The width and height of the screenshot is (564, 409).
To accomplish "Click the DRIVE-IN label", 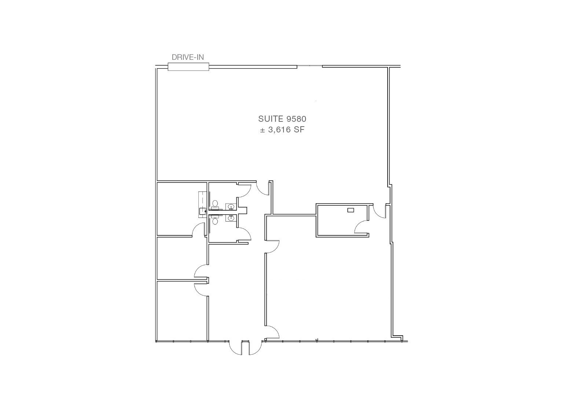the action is coord(188,57).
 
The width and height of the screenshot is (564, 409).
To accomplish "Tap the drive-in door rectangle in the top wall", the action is coord(188,67).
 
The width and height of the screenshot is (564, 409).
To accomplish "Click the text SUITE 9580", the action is coord(282,118).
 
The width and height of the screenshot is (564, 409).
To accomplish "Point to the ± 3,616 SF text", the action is coord(282,130).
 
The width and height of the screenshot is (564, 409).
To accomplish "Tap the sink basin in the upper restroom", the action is coord(231,207).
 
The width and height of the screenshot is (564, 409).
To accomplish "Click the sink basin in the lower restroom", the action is coord(231,218).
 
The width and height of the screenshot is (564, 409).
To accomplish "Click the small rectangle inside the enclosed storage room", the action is coord(351,210).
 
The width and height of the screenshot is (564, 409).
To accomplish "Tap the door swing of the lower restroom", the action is coord(245,234).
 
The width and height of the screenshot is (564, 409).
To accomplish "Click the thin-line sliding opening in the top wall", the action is coord(310,66).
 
